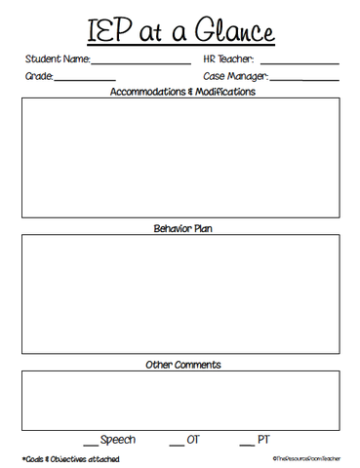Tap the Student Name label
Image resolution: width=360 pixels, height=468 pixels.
coord(57,59)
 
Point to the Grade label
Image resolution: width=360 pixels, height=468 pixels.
coord(39,76)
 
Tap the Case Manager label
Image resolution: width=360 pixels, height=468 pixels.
coord(235,76)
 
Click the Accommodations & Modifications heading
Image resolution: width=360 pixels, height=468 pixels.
coord(183,92)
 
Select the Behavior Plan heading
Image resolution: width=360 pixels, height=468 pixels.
coord(183,229)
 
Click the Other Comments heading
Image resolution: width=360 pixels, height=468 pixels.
coord(183,365)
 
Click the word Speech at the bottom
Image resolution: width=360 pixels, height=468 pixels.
coord(117,440)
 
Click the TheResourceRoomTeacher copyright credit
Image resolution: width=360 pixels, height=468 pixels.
coord(304,458)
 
